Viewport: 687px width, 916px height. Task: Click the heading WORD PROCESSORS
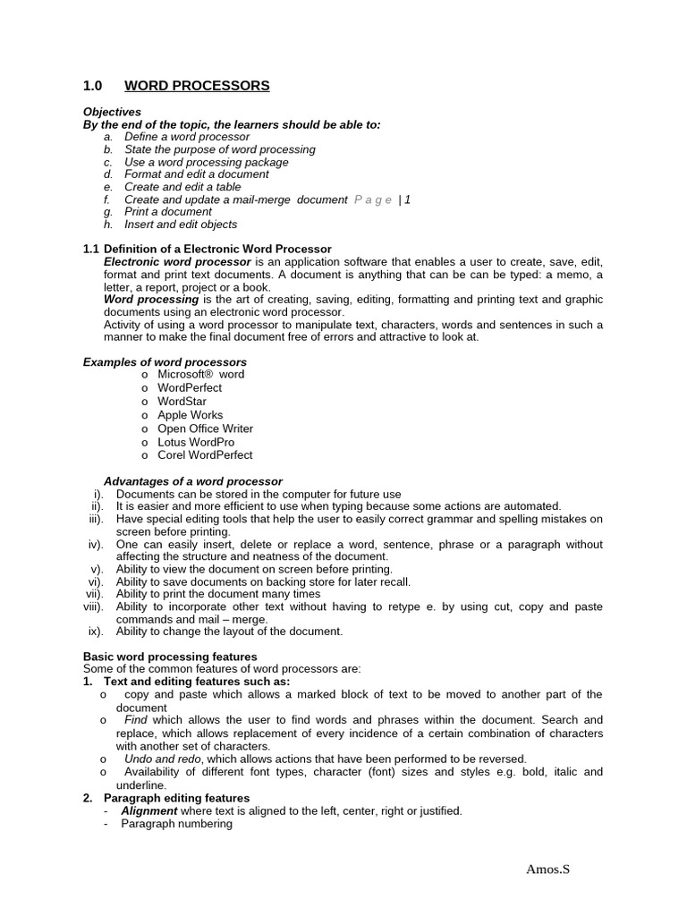[x=196, y=86]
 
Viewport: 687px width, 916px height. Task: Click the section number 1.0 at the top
[x=93, y=86]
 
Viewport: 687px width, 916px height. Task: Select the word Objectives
[x=112, y=112]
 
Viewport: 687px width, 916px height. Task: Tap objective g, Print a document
[x=167, y=212]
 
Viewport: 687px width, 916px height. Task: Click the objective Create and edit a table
[x=182, y=187]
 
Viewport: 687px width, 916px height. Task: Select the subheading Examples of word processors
[x=165, y=362]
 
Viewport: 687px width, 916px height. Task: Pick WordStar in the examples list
[x=182, y=402]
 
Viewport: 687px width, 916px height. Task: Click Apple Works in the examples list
[x=190, y=415]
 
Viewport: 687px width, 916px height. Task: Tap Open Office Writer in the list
[x=205, y=428]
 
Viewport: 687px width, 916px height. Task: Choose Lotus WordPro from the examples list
[x=196, y=442]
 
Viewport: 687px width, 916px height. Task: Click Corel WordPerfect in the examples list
[x=205, y=455]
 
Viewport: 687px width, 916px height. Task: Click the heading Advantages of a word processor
[x=192, y=481]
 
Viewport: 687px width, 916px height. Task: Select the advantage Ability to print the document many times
[x=217, y=594]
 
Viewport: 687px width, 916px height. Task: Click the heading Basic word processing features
[x=170, y=657]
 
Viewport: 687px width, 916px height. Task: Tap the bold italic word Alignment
[x=149, y=811]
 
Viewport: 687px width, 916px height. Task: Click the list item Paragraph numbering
[x=176, y=824]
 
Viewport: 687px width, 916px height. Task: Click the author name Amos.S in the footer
[x=547, y=869]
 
